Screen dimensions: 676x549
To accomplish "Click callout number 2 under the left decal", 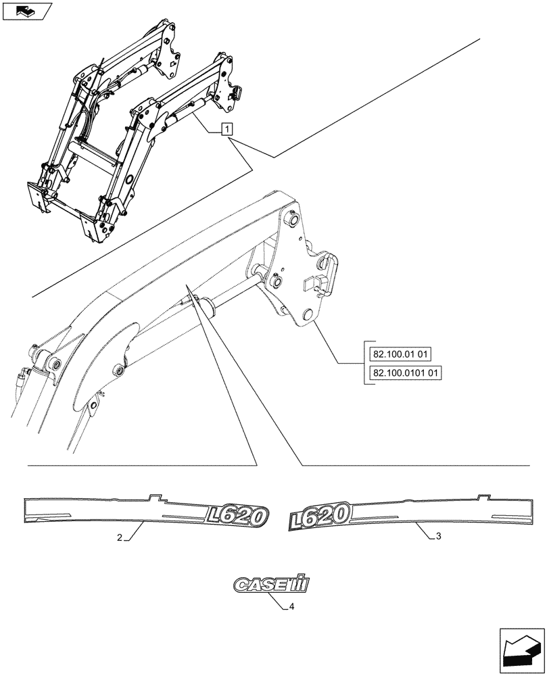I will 120,538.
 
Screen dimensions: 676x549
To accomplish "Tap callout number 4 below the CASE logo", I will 291,606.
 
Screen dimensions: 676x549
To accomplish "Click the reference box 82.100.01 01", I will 404,354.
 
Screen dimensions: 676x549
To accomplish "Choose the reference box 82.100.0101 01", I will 408,372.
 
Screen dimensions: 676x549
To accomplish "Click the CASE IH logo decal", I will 270,585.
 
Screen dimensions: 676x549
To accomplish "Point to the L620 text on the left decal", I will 237,516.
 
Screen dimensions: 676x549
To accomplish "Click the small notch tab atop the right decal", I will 483,498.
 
